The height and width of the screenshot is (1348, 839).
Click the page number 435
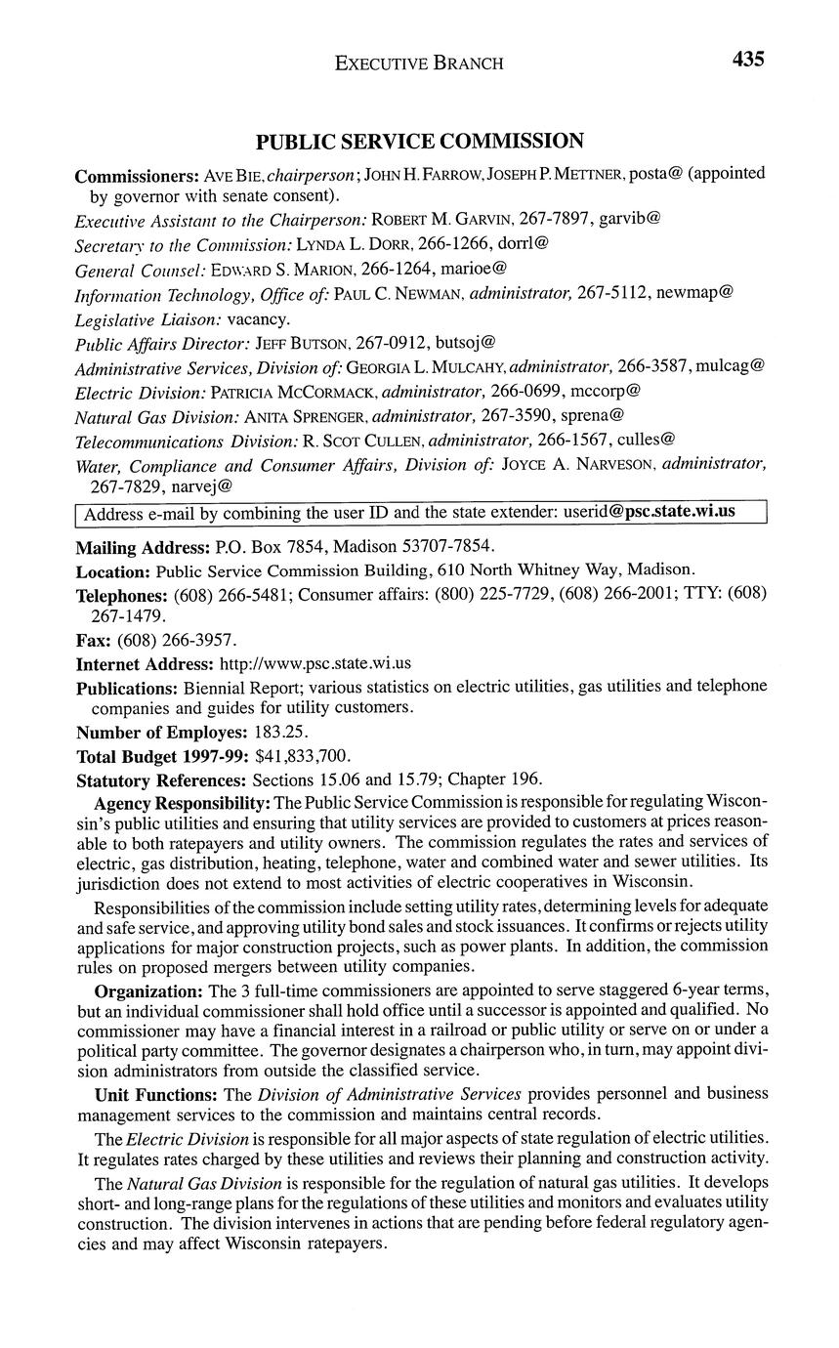tap(747, 60)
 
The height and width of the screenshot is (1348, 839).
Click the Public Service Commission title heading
tap(420, 142)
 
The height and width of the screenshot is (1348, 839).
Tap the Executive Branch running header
tap(419, 63)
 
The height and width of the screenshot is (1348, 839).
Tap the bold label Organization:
tap(149, 990)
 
